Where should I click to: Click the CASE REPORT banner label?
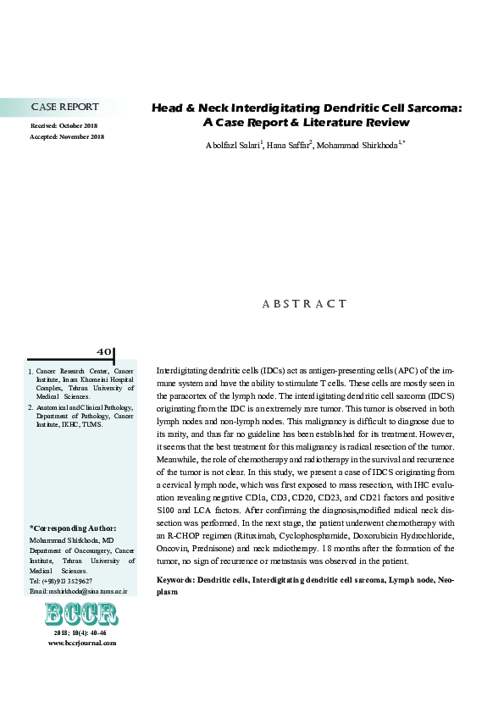coord(64,108)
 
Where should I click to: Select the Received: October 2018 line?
coord(67,126)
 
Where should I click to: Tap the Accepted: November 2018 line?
coord(67,136)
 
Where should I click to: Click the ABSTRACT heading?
coord(308,303)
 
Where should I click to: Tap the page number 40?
coord(103,351)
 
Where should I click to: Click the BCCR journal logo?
coord(81,614)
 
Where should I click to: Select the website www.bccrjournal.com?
coord(82,643)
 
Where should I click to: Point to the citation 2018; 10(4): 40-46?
coord(81,633)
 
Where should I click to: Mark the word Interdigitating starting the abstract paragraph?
coord(183,371)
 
